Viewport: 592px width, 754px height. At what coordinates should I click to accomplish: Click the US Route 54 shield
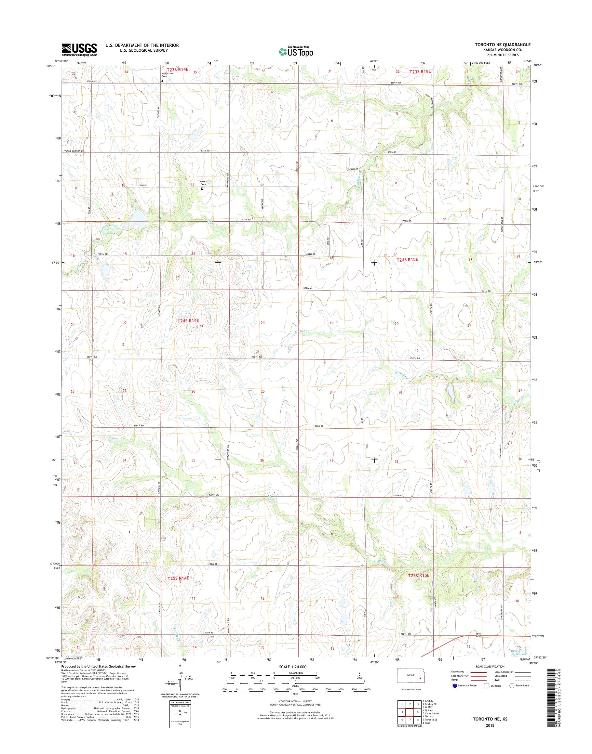478,635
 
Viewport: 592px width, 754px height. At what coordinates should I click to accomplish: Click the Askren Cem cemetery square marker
202,189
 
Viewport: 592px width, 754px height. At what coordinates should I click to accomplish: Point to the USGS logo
79,50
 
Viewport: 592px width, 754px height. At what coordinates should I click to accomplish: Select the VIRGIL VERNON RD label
72,151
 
